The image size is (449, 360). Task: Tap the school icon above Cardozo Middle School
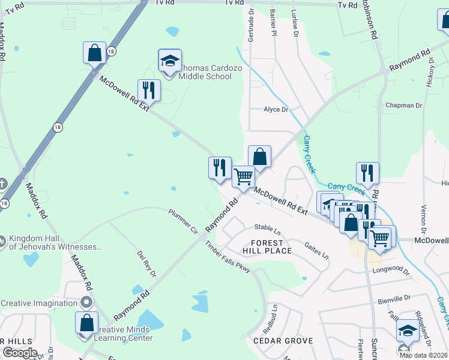170,60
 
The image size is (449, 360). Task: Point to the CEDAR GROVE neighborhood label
283,341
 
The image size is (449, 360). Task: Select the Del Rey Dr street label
146,264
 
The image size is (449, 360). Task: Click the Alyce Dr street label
276,110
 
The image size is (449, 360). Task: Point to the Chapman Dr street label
404,106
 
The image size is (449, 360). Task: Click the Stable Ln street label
268,229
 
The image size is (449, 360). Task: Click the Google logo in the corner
19,353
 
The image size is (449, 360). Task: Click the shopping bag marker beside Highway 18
95,53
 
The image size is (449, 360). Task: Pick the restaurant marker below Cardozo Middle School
149,91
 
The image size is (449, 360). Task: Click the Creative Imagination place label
40,302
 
